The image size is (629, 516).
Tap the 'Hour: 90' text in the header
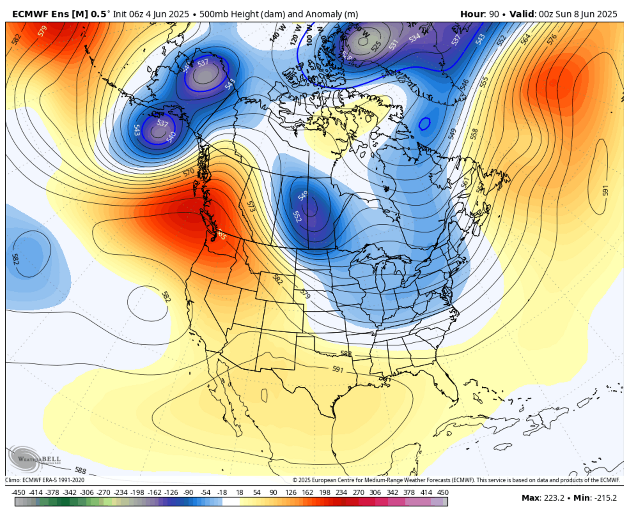coord(479,14)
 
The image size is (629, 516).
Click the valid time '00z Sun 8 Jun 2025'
coord(578,14)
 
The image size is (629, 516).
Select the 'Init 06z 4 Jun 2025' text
coord(151,14)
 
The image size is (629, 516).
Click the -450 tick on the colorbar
coord(18,492)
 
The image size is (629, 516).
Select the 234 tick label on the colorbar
coord(341,492)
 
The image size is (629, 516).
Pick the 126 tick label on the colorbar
coord(290,492)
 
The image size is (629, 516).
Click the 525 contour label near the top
coord(376,45)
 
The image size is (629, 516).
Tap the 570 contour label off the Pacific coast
coord(189,172)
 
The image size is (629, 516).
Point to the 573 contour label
coord(251,206)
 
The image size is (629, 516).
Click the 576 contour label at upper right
coord(552,39)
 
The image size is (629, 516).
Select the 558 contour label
coord(474,134)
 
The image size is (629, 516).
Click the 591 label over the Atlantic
coord(605,191)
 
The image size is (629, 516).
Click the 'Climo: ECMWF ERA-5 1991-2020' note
coord(45,480)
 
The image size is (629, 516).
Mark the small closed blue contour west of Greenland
coord(424,124)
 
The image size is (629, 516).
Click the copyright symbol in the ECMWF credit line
coord(295,480)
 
